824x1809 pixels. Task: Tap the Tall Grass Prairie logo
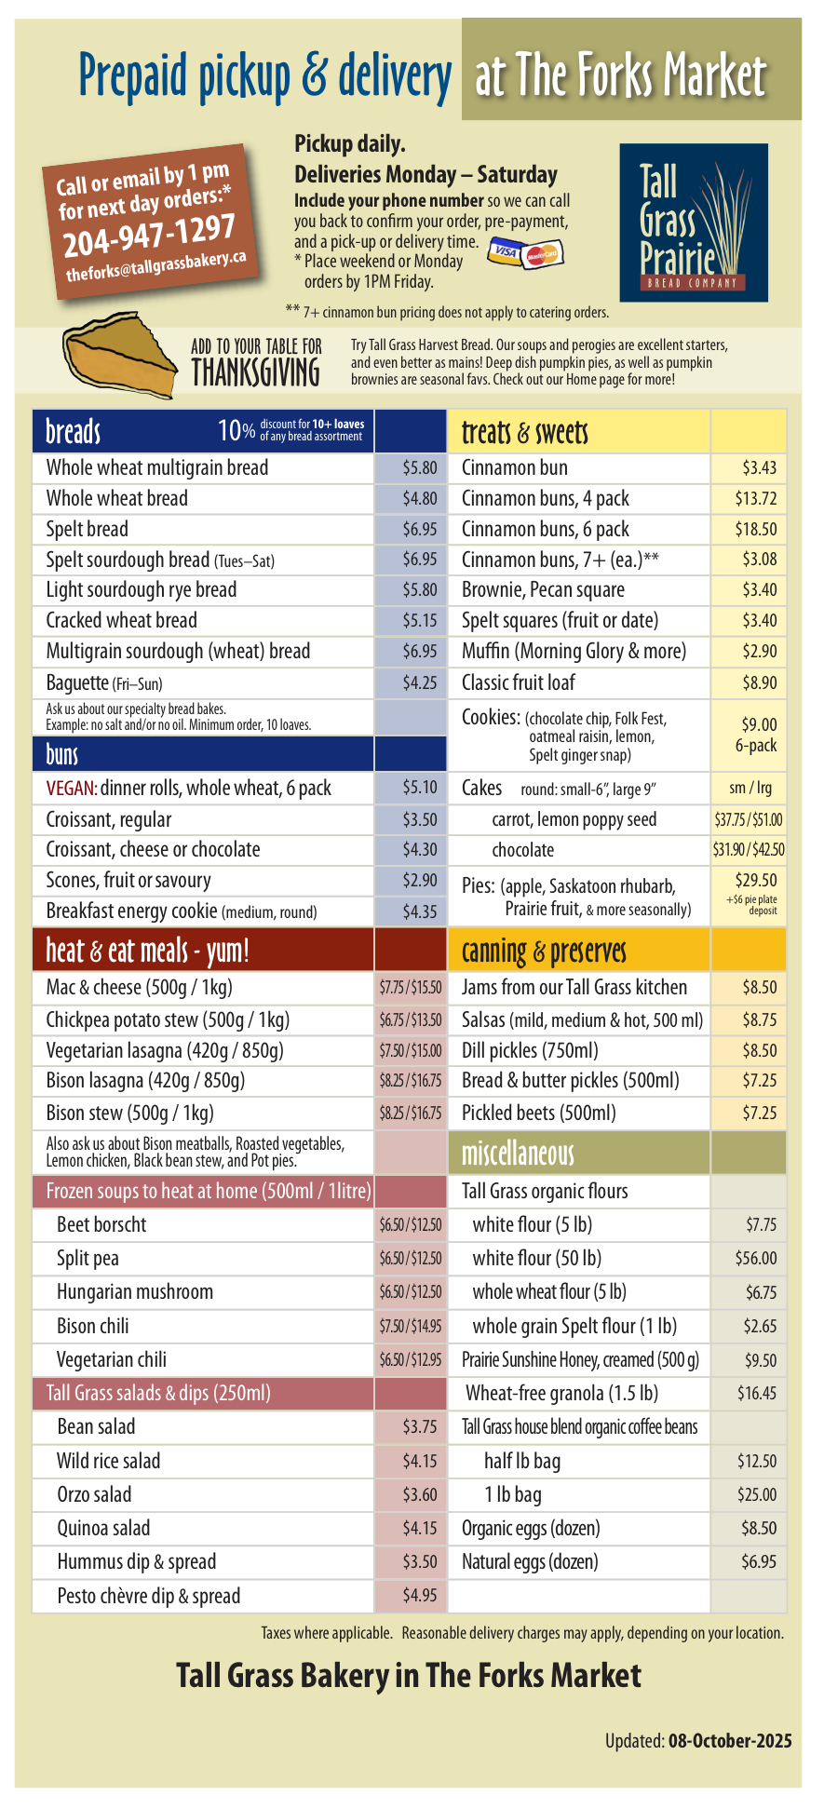694,223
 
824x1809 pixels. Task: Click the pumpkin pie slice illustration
118,359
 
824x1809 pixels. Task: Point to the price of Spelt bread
419,529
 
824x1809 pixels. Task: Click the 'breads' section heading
74,432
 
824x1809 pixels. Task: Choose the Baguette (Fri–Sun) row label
104,683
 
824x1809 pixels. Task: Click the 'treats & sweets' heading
525,432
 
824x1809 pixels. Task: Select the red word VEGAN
71,789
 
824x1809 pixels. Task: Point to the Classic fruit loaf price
759,683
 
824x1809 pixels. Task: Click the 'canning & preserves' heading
544,952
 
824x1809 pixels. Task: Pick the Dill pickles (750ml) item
530,1050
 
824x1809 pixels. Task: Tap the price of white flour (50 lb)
755,1258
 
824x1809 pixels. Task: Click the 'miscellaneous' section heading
518,1154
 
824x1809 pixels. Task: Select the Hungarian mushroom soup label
135,1291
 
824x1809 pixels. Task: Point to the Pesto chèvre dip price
419,1595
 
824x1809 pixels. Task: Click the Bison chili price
410,1326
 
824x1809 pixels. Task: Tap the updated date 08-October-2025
730,1740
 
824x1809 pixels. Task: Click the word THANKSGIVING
256,373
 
